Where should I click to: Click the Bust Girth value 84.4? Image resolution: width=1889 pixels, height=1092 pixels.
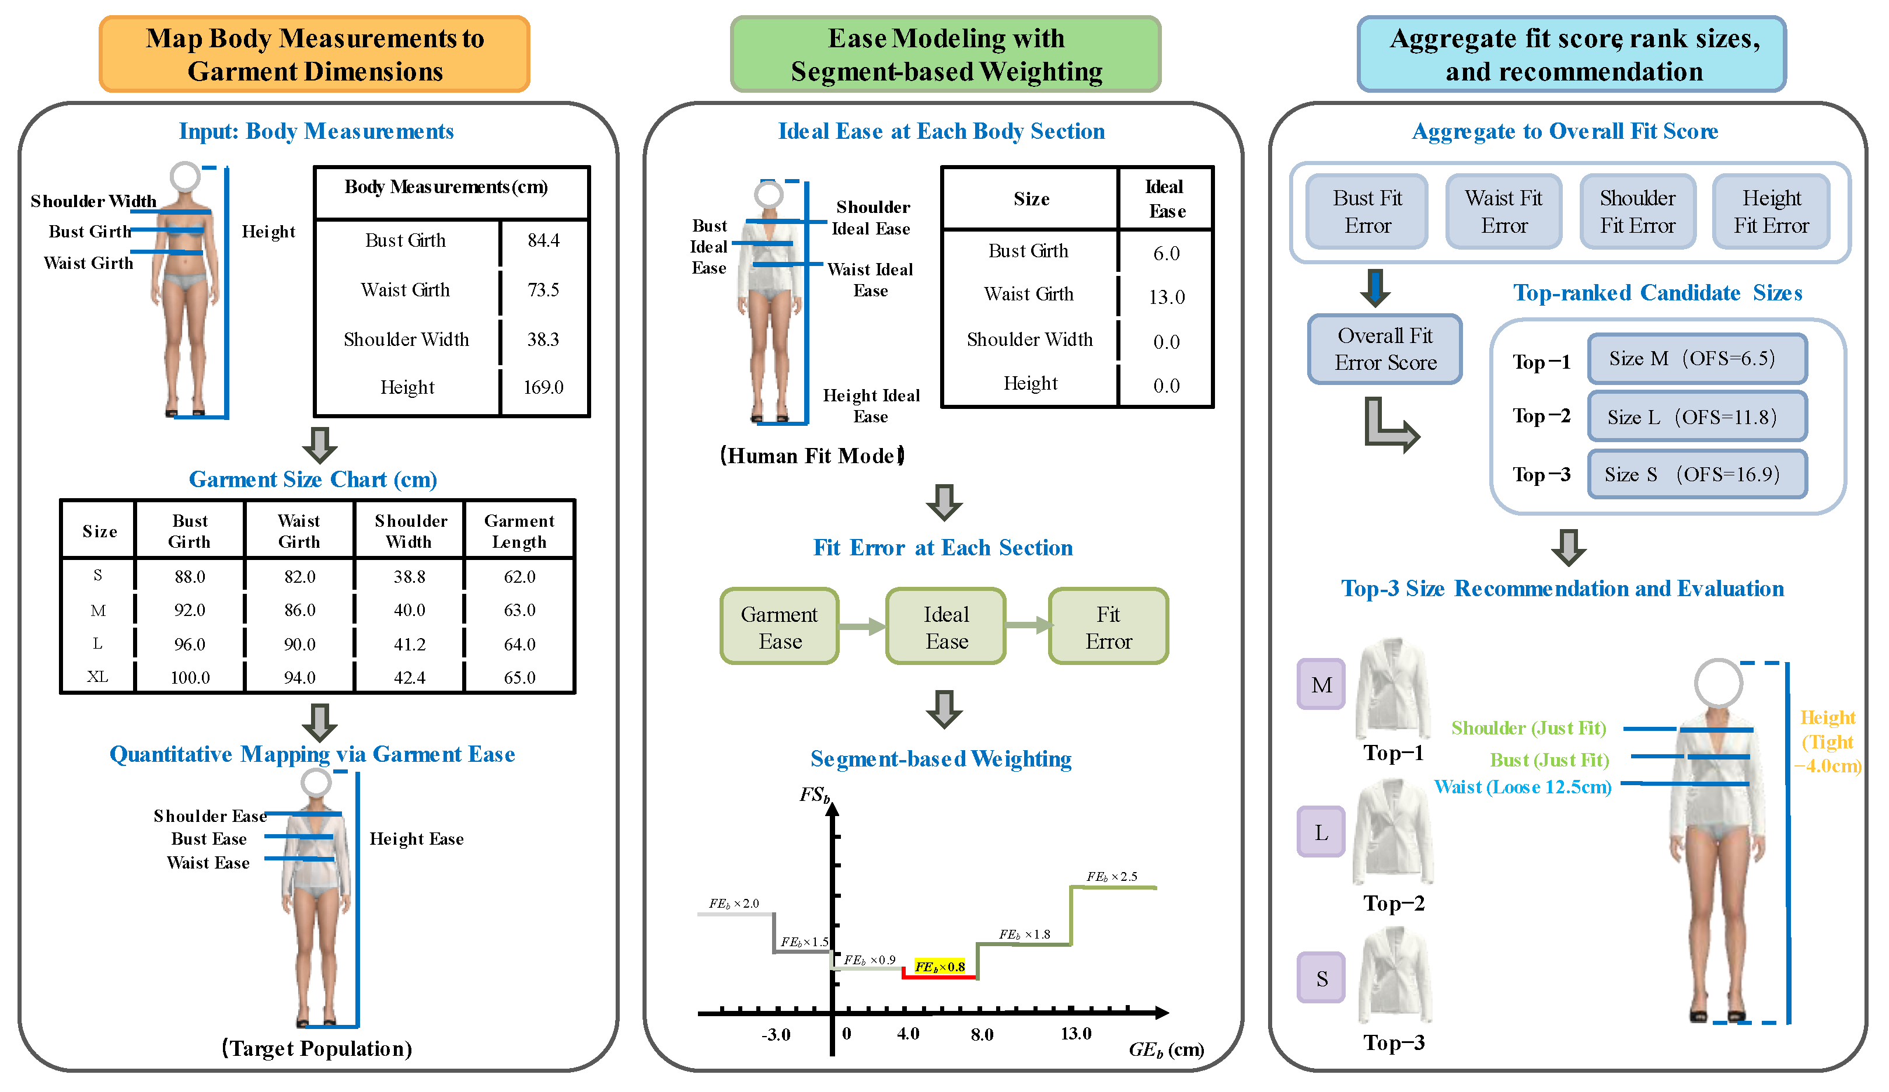point(543,240)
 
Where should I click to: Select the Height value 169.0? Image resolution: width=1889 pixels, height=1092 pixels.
point(543,387)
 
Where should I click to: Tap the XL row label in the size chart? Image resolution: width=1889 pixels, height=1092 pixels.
point(97,677)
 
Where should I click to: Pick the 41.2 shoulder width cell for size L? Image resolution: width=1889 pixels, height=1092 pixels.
point(409,644)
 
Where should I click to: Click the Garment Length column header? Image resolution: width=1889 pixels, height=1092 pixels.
point(519,531)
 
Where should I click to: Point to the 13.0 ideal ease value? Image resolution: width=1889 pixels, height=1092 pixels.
point(1167,297)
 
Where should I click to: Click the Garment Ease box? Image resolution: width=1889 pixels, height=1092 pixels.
point(780,626)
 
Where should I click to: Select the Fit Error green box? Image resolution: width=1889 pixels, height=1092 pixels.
point(1109,626)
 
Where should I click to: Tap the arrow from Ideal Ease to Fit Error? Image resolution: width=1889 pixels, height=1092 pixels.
point(1028,625)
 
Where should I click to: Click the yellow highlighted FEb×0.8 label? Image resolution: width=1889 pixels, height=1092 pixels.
point(940,967)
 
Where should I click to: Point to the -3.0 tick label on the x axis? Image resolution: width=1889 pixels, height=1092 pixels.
point(776,1035)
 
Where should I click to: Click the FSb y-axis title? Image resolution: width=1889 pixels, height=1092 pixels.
point(815,795)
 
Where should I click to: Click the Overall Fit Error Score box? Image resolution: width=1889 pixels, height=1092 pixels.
point(1385,349)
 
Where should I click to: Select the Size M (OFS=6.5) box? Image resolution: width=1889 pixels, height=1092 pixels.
point(1697,359)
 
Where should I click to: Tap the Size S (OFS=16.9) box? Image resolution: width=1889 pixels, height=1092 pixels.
point(1697,474)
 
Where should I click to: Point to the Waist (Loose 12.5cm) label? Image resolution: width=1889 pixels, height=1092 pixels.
point(1523,787)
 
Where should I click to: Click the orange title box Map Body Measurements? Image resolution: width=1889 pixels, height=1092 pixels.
point(315,55)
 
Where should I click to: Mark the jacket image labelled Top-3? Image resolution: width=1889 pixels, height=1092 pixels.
point(1394,976)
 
